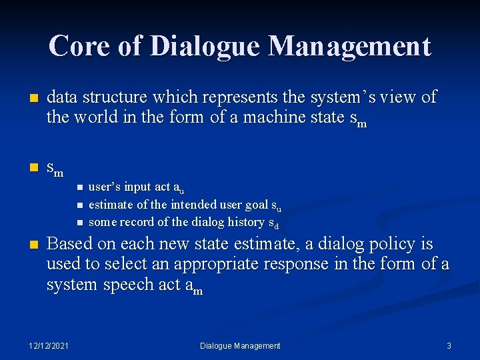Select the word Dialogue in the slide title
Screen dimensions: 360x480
click(205, 46)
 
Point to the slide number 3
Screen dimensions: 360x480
click(449, 345)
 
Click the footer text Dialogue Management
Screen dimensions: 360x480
click(240, 345)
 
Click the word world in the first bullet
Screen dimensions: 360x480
click(94, 118)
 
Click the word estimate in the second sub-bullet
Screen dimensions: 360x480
click(109, 205)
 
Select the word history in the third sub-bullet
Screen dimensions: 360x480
click(246, 222)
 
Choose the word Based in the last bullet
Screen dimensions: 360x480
click(67, 243)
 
